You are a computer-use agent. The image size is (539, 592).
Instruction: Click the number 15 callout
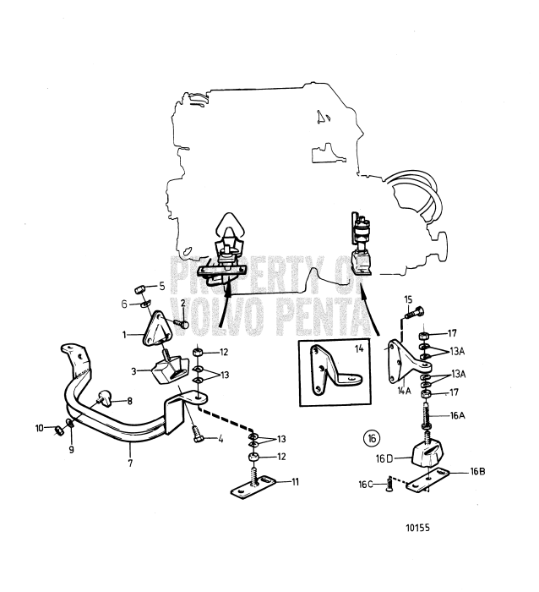[x=407, y=299]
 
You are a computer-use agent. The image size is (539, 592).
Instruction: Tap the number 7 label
[x=130, y=463]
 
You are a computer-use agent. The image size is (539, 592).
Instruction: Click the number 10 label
[x=40, y=429]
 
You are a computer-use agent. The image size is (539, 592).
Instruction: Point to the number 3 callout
[x=134, y=370]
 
